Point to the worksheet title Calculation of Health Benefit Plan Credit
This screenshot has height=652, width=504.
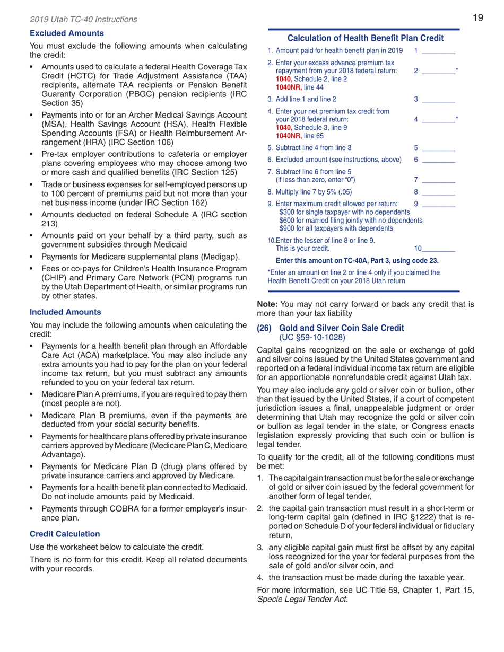click(364, 38)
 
